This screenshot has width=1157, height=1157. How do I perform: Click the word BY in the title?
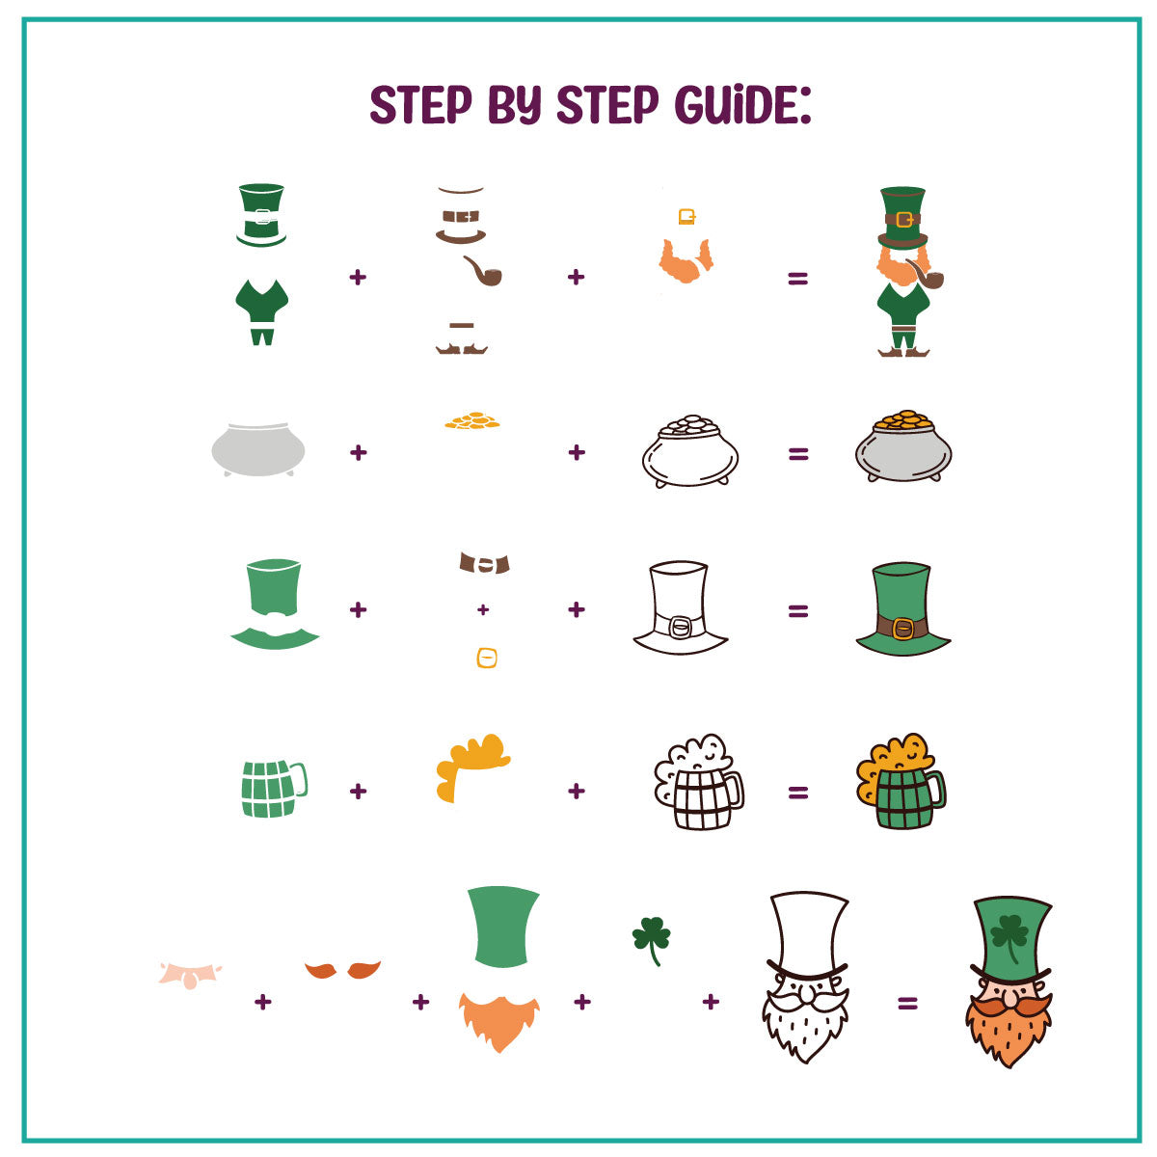point(515,104)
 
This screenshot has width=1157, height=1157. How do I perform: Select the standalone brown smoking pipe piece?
point(482,271)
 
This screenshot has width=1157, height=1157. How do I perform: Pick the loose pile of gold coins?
point(471,420)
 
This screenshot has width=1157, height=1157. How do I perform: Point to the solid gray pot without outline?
point(258,449)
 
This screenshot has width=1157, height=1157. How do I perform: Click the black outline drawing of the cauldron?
point(690,451)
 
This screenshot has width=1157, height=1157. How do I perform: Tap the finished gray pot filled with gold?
point(903,446)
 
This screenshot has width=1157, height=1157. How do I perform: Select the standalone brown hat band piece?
point(484,562)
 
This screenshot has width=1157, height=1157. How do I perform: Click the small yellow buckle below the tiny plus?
point(486,659)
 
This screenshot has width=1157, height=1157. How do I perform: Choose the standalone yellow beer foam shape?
point(471,767)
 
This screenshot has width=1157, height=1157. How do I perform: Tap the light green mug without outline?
point(274,789)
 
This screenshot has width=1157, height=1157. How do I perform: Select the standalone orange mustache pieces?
point(342,970)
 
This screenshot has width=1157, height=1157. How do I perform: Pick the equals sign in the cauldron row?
point(798,454)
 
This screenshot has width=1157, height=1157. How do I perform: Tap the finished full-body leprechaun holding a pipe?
point(904,271)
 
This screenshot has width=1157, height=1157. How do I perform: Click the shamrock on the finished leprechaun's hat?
point(1009,937)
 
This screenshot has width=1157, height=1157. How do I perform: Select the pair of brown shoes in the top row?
point(461,348)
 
